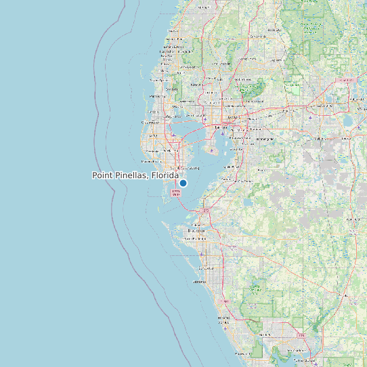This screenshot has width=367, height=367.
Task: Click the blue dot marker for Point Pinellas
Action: pos(183,183)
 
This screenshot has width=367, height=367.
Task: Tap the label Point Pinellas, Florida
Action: pos(135,175)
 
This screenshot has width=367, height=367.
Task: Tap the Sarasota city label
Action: pos(203,280)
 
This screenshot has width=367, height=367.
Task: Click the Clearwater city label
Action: pos(151,122)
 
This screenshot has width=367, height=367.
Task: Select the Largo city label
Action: pos(152,135)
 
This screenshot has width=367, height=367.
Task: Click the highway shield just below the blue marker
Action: pos(176,193)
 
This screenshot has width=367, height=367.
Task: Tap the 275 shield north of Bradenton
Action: pos(205,212)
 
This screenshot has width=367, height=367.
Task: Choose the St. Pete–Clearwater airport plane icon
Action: pos(174,134)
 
